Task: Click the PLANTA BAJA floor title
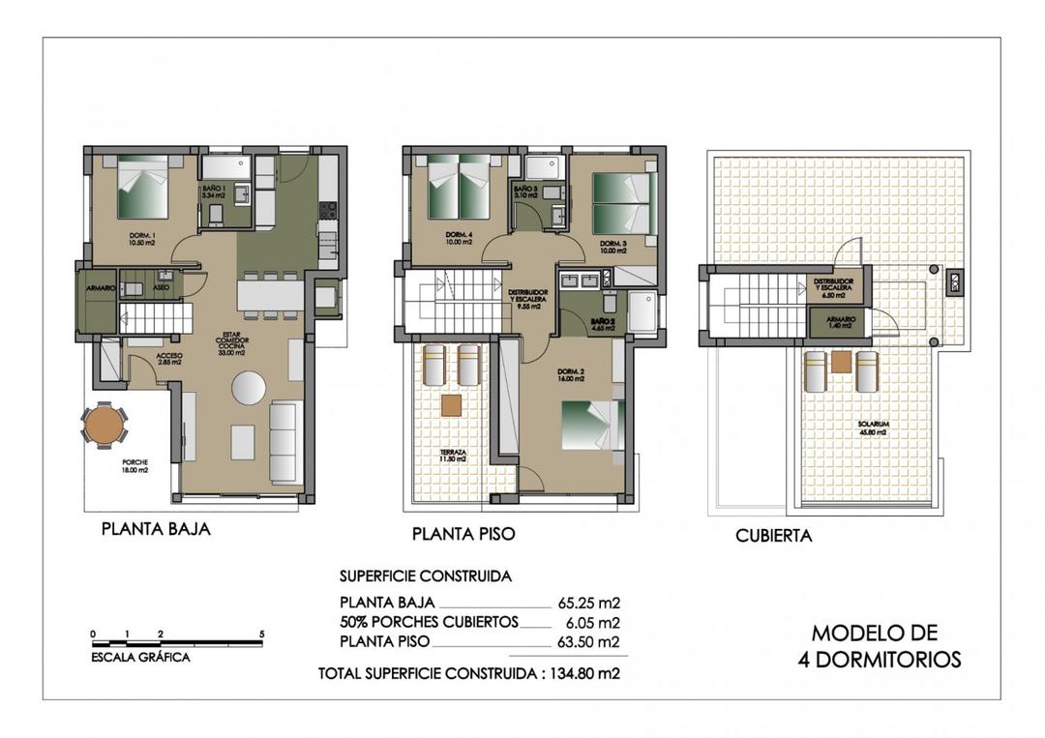156,529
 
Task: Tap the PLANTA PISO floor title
463,533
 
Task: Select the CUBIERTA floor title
773,535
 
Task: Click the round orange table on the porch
104,424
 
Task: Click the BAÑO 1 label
213,192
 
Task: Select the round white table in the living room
249,388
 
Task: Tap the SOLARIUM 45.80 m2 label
871,428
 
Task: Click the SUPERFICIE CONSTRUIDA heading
425,576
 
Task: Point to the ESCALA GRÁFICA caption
140,658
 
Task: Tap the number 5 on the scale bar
262,635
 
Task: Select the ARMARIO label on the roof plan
838,321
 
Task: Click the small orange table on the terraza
451,405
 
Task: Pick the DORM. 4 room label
458,238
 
